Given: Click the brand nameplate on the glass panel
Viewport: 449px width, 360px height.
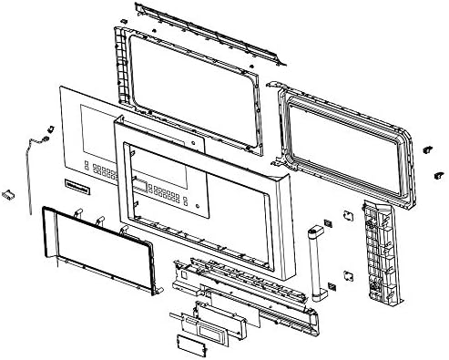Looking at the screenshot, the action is (x=80, y=191).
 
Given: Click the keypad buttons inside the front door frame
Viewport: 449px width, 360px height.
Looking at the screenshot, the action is (x=164, y=193).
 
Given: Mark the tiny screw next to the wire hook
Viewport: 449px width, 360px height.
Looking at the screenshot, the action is (x=46, y=129).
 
